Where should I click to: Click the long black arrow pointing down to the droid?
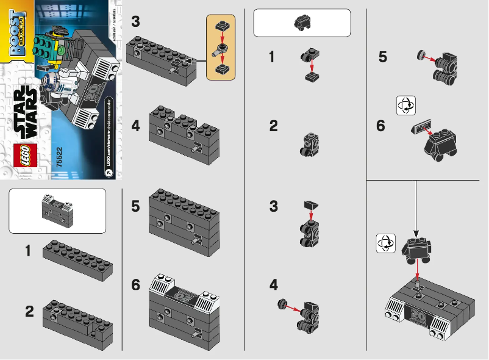coord(416,207)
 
